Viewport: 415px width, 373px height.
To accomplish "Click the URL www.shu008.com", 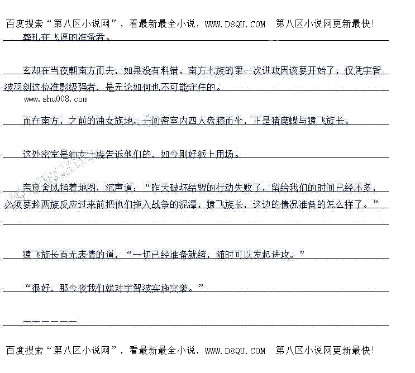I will (x=56, y=99).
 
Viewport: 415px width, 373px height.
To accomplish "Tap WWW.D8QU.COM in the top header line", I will (x=235, y=24).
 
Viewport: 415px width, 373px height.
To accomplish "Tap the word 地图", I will (x=87, y=188).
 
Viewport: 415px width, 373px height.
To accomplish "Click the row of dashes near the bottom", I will (x=50, y=322).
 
